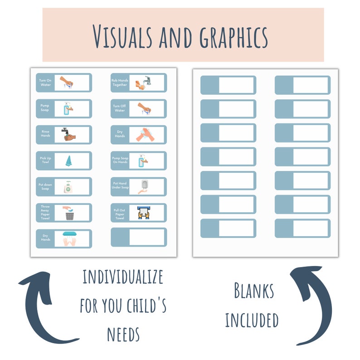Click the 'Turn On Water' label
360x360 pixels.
coord(45,83)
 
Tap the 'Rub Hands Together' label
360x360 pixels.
coord(120,83)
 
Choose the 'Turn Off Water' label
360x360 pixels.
coord(120,108)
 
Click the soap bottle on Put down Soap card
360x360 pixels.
coord(68,186)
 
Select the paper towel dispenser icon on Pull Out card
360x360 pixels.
coord(143,213)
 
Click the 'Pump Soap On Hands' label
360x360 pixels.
coord(120,161)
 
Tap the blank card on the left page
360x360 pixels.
coord(138,237)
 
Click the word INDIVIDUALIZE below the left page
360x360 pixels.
coord(122,277)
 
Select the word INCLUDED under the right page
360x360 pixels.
coord(252,320)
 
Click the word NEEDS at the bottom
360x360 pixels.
coord(123,335)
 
